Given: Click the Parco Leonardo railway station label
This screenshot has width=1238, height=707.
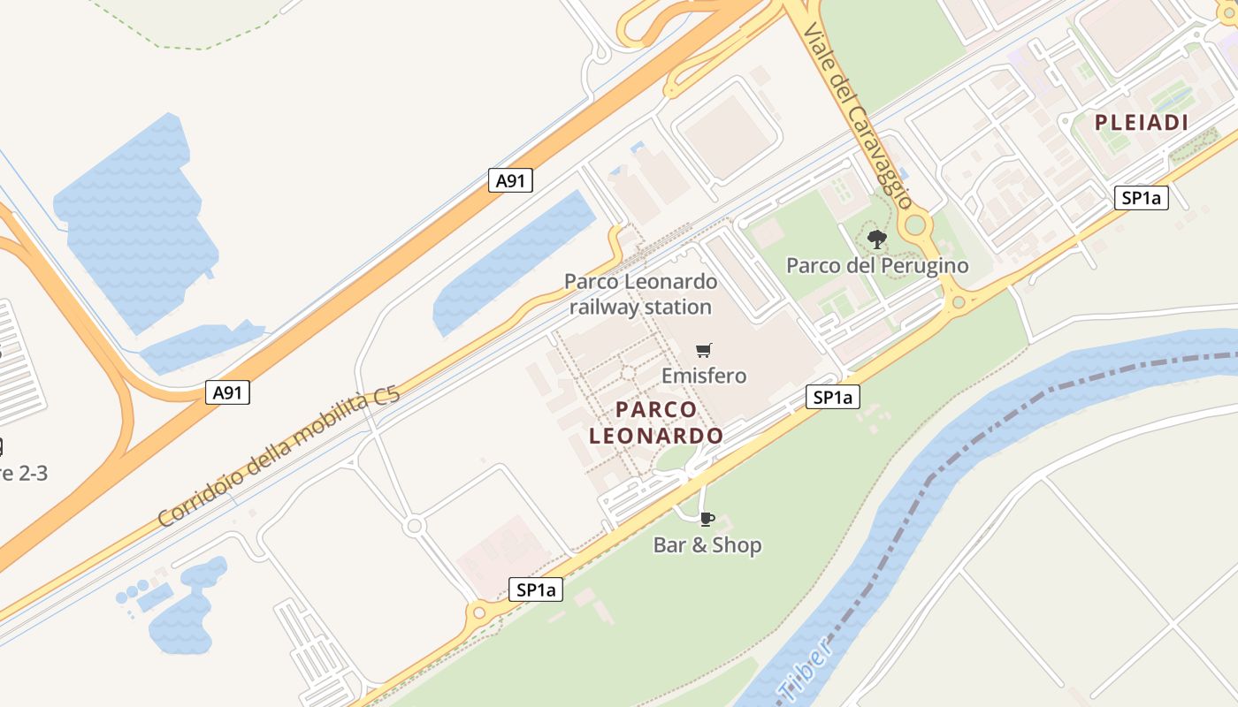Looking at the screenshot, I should pos(641,294).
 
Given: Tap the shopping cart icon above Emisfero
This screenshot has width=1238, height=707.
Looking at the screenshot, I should pos(703,350).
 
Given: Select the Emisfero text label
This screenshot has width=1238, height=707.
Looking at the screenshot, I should pos(704,376).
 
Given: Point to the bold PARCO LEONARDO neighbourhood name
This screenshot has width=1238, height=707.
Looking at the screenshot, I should pos(656,422).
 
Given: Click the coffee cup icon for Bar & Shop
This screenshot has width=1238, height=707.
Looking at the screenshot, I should pos(707,518).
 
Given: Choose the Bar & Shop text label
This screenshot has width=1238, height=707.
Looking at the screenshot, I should pos(707,545).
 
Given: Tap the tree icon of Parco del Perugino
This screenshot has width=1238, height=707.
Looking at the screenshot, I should pos(876,239).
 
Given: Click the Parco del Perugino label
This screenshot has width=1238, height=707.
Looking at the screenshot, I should pos(877,265).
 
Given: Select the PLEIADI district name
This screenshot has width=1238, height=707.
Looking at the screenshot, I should pos(1142,123).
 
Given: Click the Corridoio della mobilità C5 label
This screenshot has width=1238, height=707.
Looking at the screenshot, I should pos(279,457).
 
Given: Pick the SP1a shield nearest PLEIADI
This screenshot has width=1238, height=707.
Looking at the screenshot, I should pos(1141,198).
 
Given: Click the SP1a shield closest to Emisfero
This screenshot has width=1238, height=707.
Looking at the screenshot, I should pos(832,398).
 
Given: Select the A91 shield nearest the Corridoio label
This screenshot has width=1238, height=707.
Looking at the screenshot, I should pos(227,392).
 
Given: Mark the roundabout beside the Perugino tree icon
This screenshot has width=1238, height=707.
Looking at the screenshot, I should pos(915,224).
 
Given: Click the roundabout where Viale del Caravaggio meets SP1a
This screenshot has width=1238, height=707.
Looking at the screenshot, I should pos(958,303).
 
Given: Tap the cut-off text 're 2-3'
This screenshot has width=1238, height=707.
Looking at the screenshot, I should pos(23,473).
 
